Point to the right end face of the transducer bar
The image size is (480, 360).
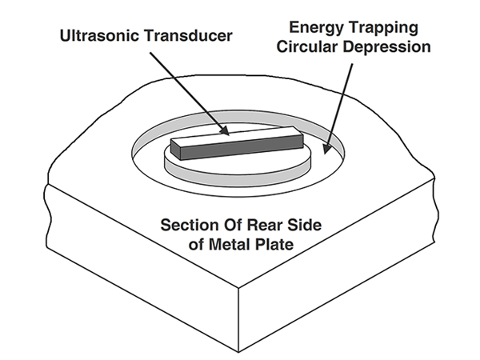coord(302,144)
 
